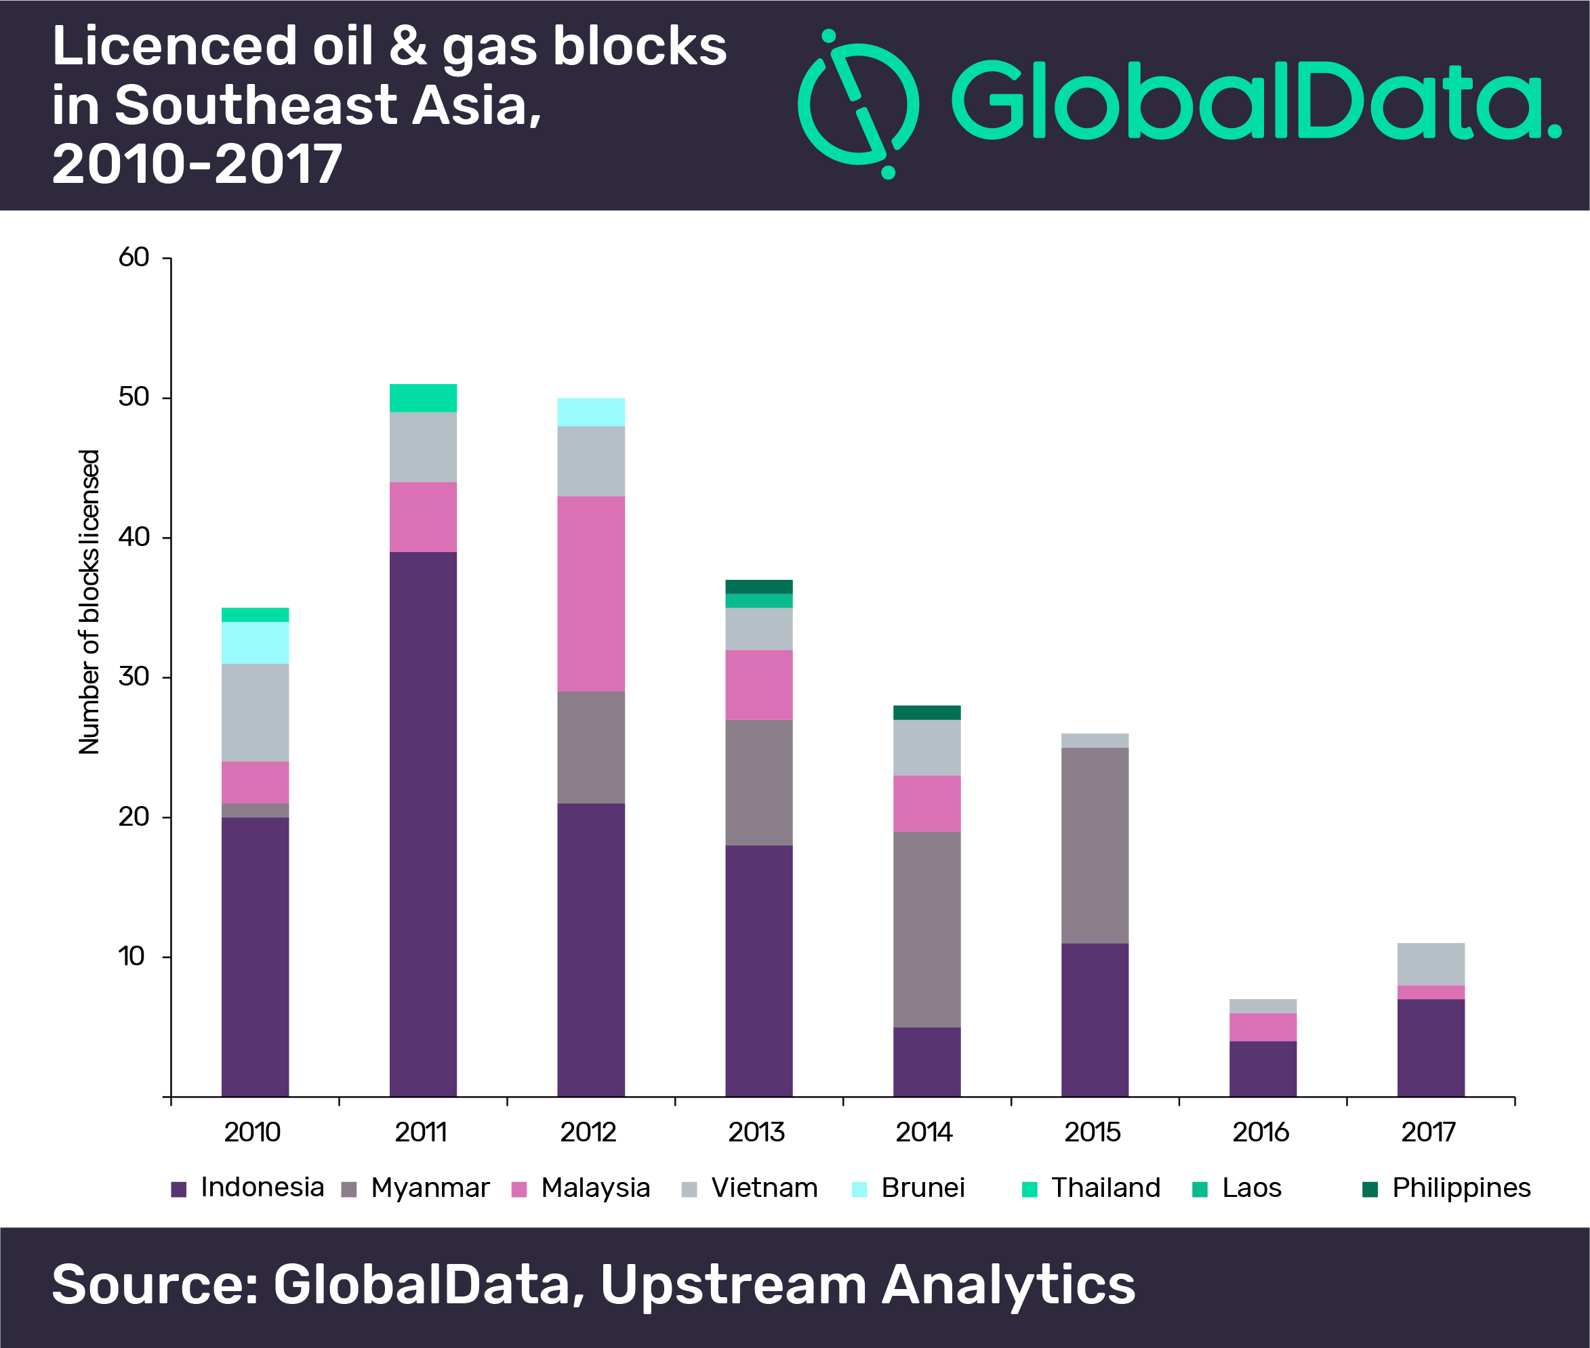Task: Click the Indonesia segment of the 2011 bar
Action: click(x=423, y=824)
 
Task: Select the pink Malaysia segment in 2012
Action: click(x=591, y=594)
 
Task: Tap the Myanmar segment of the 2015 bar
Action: click(x=1095, y=845)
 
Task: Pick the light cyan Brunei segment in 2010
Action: click(x=256, y=643)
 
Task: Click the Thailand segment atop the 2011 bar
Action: click(x=423, y=398)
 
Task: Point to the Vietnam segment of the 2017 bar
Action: click(x=1430, y=965)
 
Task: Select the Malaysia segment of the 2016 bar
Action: click(x=1263, y=1027)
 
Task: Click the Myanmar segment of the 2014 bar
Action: click(x=926, y=929)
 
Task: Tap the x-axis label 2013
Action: click(x=756, y=1133)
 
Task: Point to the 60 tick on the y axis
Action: click(x=134, y=257)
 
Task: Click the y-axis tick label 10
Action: click(x=132, y=956)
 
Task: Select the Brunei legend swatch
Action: click(x=859, y=1189)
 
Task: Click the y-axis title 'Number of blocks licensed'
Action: click(x=89, y=602)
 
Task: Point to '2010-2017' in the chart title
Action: click(x=197, y=165)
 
